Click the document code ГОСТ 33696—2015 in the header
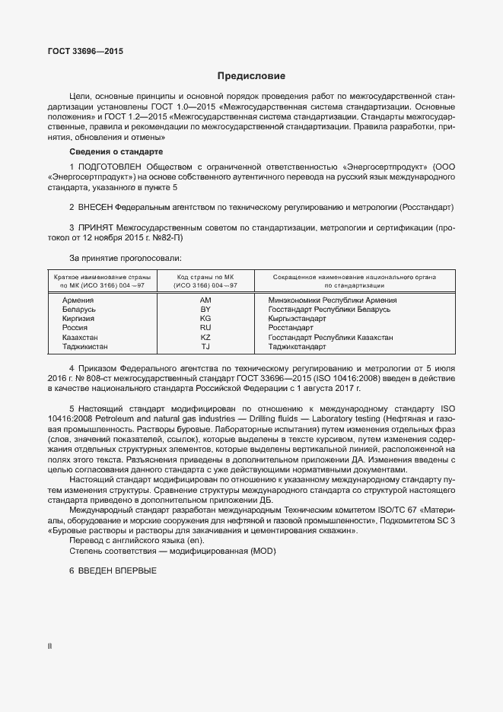point(84,51)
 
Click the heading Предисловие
point(251,76)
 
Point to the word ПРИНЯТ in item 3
point(96,227)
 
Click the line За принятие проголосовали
point(126,259)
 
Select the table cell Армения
point(78,301)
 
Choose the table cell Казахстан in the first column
point(81,337)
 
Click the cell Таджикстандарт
point(298,346)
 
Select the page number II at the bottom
point(49,645)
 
